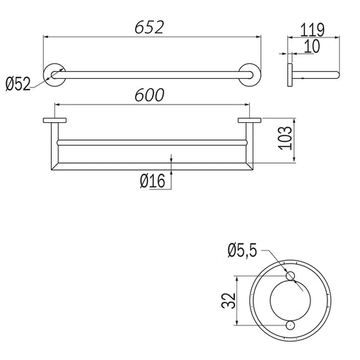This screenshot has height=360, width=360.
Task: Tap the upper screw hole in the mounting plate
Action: (291, 274)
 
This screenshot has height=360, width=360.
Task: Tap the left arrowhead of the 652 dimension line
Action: (46, 37)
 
